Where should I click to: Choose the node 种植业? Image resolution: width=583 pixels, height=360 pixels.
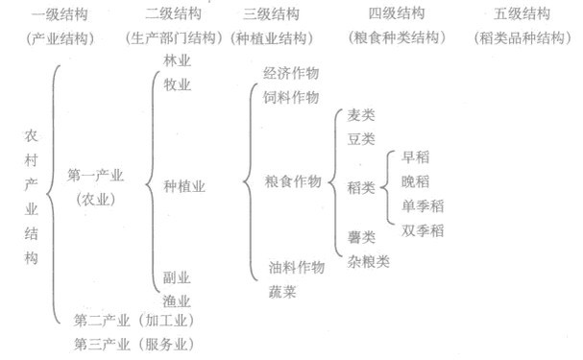pos(184,185)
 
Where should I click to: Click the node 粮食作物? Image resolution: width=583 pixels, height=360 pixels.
pos(291,182)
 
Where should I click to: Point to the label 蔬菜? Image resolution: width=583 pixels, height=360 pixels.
pos(282,291)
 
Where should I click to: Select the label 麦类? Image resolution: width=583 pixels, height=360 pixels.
pos(361,115)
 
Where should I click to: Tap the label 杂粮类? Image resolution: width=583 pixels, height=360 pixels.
pos(368,261)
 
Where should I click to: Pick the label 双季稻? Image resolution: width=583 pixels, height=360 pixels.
pos(423,229)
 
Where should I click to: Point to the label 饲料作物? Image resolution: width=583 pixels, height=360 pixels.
pos(291,97)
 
